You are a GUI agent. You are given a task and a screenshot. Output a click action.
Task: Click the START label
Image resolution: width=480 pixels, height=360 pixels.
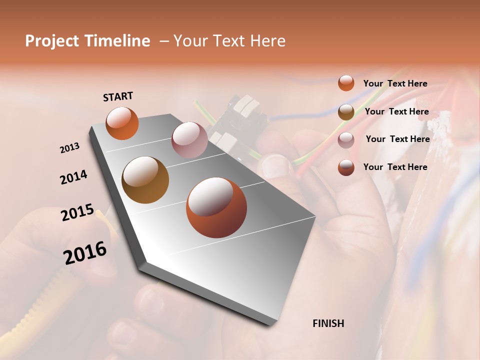point(118,96)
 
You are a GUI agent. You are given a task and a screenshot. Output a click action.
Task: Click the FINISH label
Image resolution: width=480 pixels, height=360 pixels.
point(328,323)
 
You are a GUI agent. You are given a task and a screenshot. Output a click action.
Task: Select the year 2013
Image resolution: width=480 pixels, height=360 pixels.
point(70,148)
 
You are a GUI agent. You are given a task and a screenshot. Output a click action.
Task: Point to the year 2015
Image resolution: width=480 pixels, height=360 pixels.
point(77,212)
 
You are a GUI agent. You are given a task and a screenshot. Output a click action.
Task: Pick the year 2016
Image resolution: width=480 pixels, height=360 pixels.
point(85,253)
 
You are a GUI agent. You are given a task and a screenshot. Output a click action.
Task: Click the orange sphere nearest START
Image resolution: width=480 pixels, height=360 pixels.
point(122,123)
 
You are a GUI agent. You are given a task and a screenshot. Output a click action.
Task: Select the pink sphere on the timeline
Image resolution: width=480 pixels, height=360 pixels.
point(189,140)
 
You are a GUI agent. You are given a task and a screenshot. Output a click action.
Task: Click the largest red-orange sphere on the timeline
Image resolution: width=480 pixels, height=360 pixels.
point(216,207)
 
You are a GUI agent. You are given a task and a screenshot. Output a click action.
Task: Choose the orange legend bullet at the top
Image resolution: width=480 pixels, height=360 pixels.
point(346,83)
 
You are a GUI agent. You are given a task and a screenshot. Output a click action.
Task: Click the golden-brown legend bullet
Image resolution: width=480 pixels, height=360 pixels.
point(346,112)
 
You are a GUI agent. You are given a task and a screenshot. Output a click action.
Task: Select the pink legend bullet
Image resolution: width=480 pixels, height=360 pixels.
point(346,140)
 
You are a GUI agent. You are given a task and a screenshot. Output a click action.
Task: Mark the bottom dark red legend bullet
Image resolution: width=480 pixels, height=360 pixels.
point(346,167)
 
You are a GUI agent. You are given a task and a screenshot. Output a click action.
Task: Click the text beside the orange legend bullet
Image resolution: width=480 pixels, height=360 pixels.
point(395,83)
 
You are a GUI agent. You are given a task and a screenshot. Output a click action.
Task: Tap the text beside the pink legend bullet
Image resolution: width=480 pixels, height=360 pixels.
point(397,139)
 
